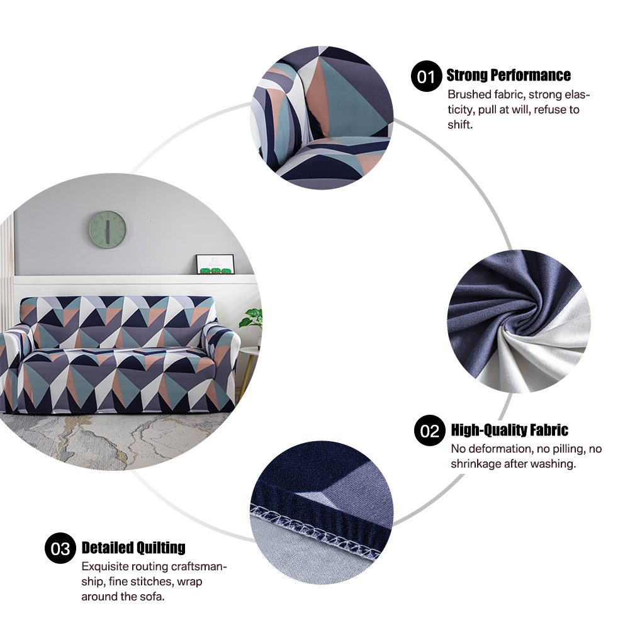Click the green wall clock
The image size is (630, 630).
pyautogui.click(x=108, y=230)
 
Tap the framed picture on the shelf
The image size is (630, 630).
pyautogui.click(x=215, y=264)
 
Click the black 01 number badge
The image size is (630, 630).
pyautogui.click(x=426, y=76)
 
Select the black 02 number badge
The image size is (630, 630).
pyautogui.click(x=430, y=430)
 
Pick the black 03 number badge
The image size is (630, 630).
pyautogui.click(x=60, y=548)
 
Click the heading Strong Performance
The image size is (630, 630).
pyautogui.click(x=509, y=75)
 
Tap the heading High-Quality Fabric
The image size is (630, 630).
pyautogui.click(x=509, y=430)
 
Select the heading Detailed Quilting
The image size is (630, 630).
pyautogui.click(x=133, y=548)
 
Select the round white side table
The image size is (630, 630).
pyautogui.click(x=249, y=354)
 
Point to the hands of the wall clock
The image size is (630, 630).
pyautogui.click(x=108, y=232)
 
